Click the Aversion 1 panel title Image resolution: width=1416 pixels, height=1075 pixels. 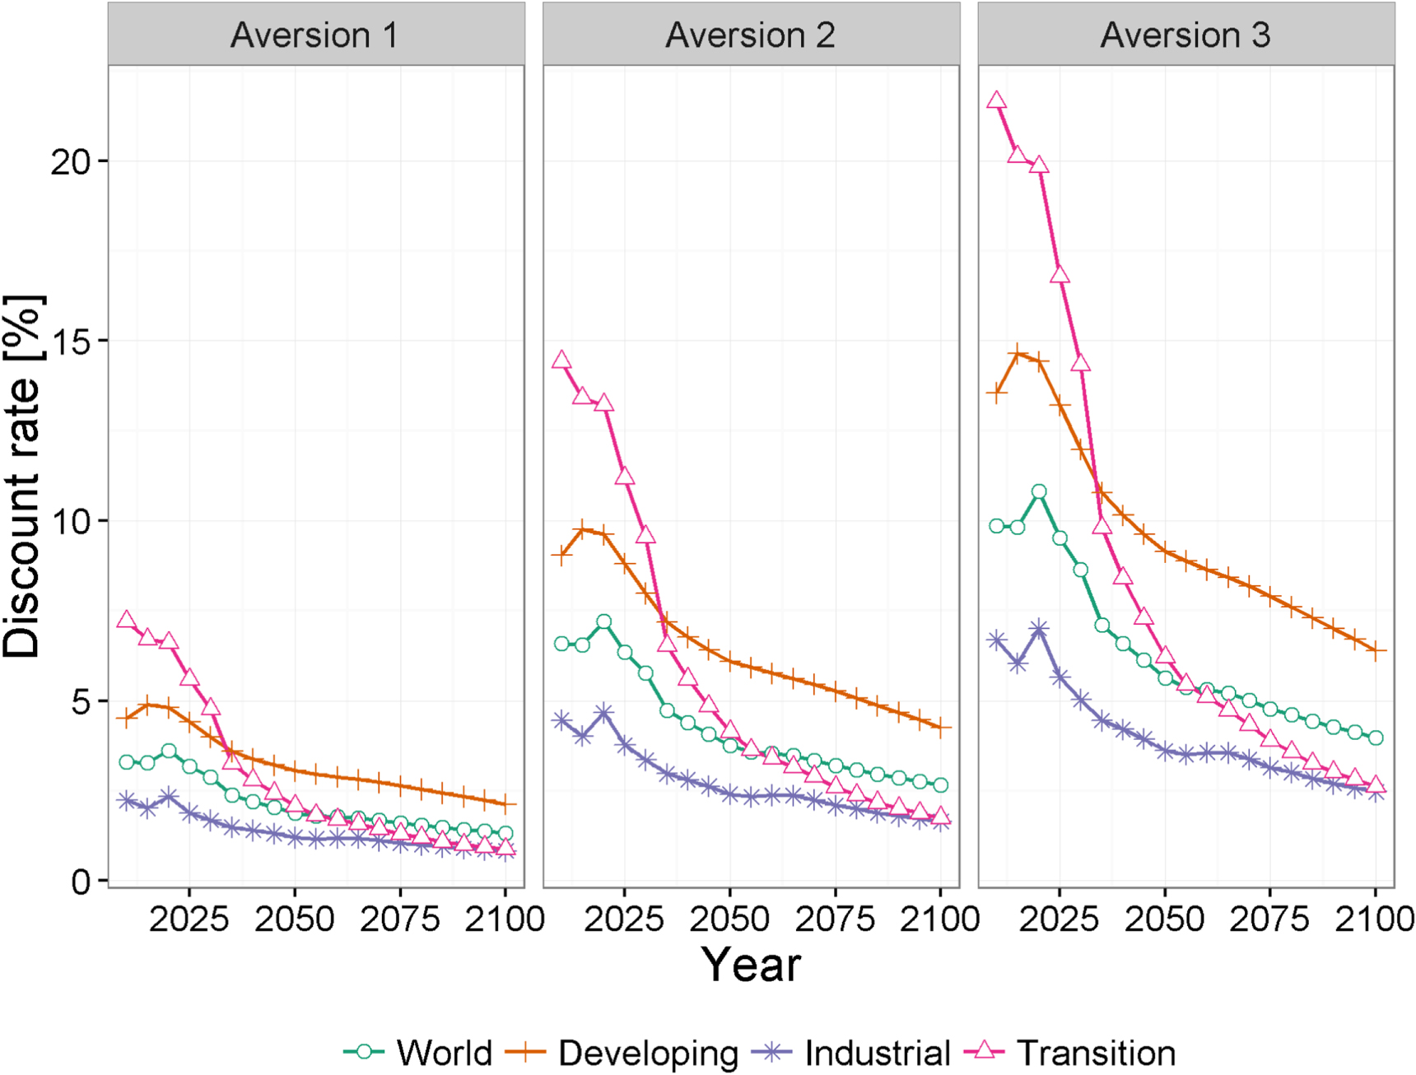tap(314, 35)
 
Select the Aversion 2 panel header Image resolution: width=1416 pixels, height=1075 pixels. tap(750, 35)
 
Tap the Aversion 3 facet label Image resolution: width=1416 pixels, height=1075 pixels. tap(1185, 35)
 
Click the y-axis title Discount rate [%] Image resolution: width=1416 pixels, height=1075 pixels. tap(22, 476)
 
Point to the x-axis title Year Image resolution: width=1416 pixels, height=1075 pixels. tap(750, 964)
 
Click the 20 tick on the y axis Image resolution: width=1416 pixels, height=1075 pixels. tap(70, 162)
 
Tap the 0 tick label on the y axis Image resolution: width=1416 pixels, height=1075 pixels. tap(81, 882)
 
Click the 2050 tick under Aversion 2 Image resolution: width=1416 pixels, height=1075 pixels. tap(729, 919)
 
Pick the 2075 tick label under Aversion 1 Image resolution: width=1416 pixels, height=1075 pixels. tap(400, 919)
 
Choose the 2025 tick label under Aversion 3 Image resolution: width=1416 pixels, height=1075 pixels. tap(1059, 919)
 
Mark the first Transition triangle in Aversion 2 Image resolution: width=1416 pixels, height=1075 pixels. tap(561, 361)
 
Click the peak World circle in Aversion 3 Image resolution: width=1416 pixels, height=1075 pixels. tap(1039, 491)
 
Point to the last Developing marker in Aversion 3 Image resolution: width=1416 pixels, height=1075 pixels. tap(1376, 650)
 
